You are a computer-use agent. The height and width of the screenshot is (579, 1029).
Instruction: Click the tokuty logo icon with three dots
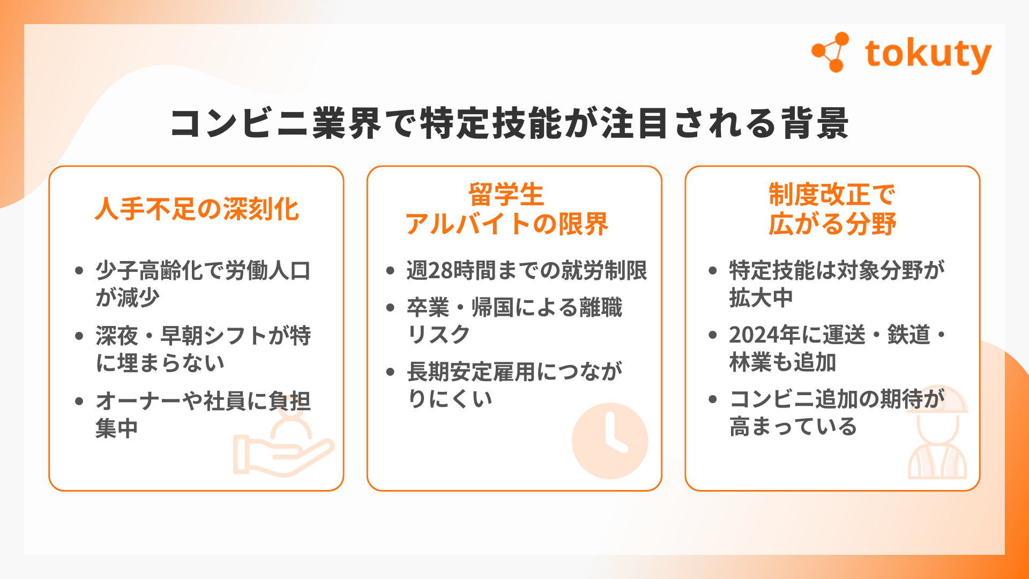click(831, 52)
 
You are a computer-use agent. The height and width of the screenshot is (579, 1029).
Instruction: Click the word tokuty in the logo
click(928, 55)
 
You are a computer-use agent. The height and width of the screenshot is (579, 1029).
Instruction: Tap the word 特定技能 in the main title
click(490, 123)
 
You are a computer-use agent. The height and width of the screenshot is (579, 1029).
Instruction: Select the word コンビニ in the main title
click(240, 123)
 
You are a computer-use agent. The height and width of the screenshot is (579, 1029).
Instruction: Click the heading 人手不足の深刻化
click(197, 209)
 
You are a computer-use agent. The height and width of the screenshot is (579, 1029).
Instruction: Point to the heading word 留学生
click(506, 194)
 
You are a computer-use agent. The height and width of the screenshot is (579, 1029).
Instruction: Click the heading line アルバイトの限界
click(507, 224)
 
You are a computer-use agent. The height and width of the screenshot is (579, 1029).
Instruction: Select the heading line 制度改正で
click(832, 194)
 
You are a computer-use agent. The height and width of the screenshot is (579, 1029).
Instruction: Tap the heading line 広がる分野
click(832, 224)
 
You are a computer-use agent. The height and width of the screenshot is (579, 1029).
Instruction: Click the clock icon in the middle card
click(610, 441)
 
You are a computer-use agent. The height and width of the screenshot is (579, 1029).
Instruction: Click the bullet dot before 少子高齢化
click(79, 270)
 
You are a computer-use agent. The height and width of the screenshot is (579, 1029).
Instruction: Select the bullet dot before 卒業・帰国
click(390, 307)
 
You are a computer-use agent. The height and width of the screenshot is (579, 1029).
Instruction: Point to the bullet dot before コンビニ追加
click(713, 399)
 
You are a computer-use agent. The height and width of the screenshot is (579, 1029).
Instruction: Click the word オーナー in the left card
click(138, 401)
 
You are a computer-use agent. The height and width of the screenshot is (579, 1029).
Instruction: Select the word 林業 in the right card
click(750, 362)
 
